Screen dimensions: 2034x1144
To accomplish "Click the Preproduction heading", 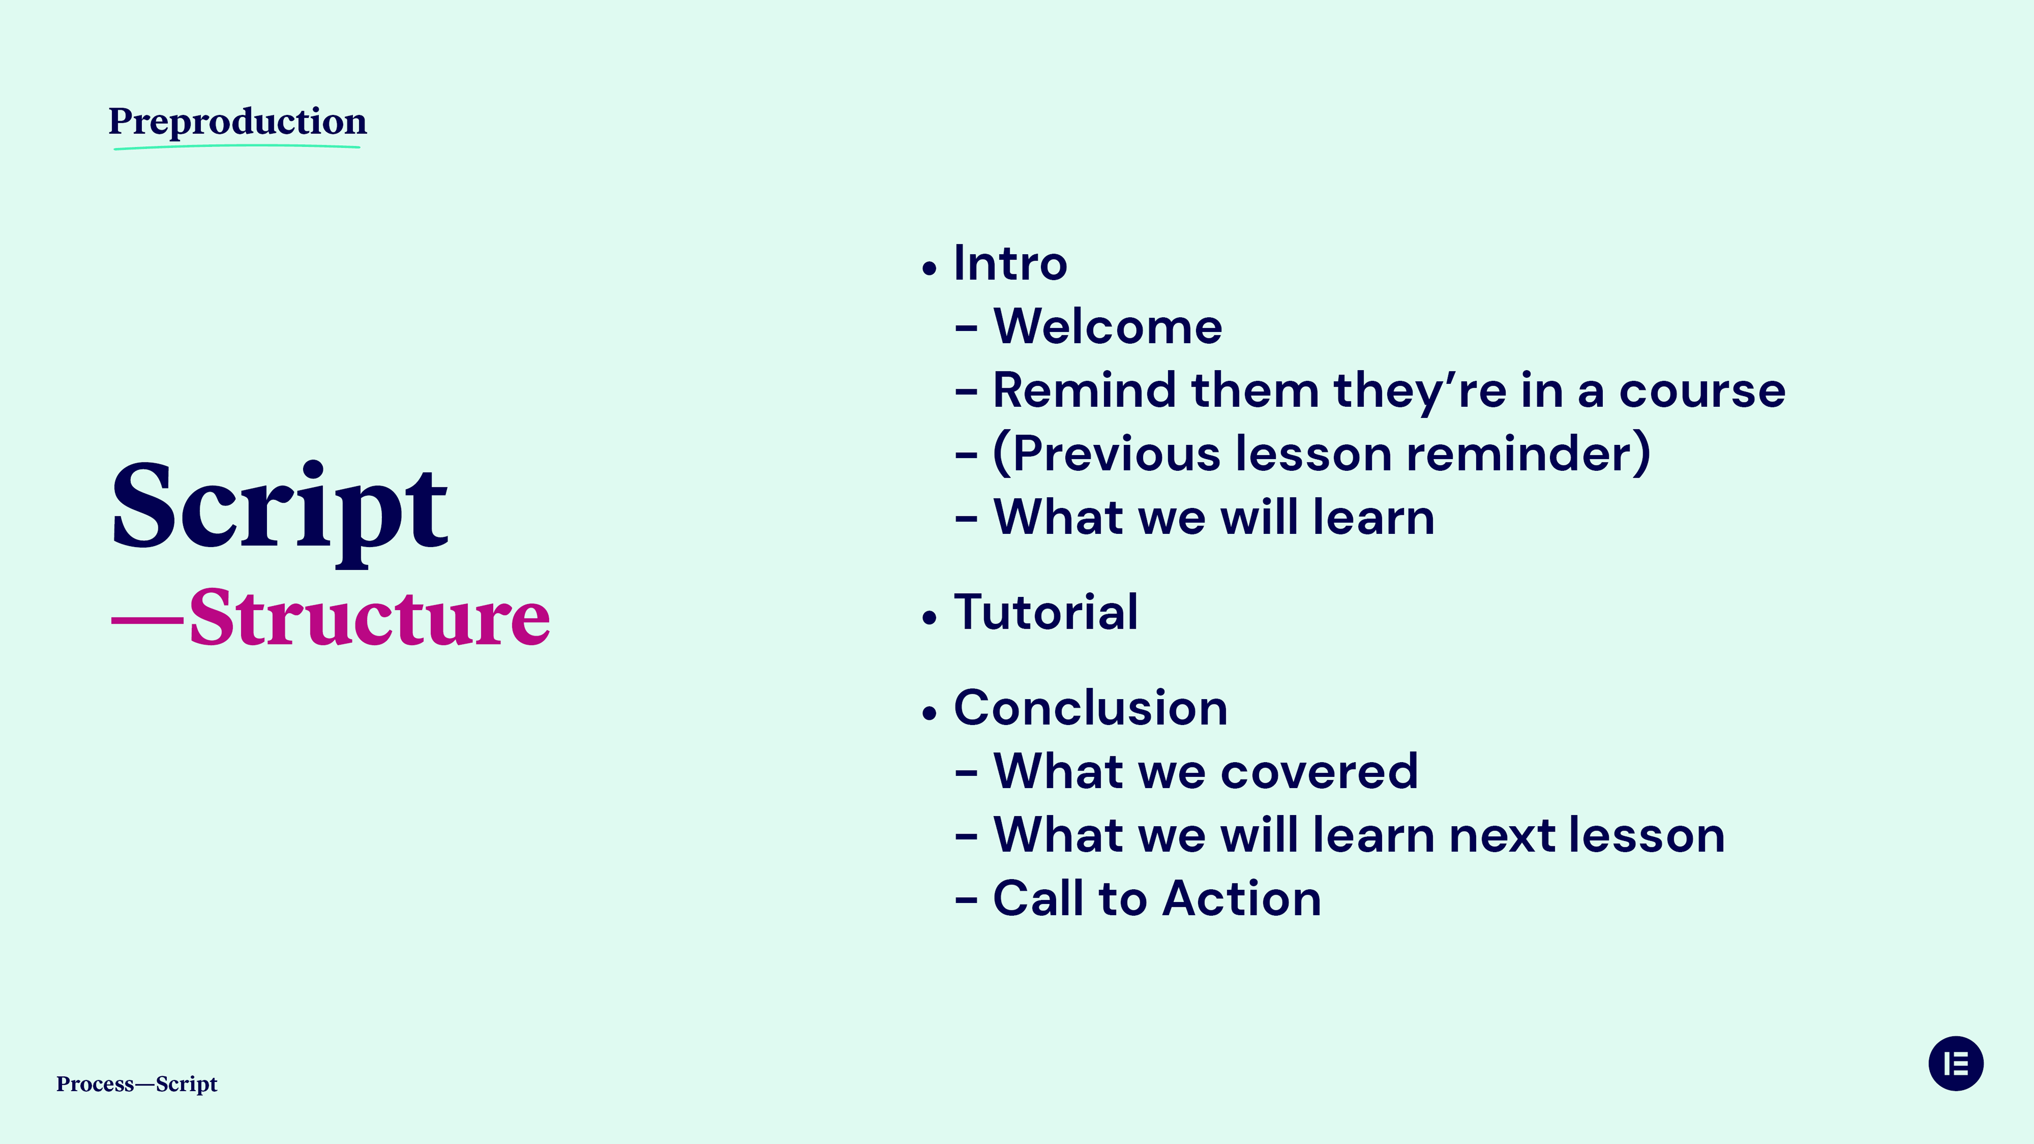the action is click(x=238, y=122).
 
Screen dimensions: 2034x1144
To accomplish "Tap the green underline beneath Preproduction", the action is click(x=237, y=147).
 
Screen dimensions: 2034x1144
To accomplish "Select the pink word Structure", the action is click(x=370, y=618).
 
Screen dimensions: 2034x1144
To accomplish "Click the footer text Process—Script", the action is click(x=137, y=1084).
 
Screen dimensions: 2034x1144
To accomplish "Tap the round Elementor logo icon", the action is click(x=1956, y=1063).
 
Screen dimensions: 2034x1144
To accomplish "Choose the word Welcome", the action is click(x=1108, y=326).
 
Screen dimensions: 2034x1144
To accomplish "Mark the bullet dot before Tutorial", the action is click(x=930, y=618).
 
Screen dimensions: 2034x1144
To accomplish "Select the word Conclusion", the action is click(x=1091, y=708).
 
